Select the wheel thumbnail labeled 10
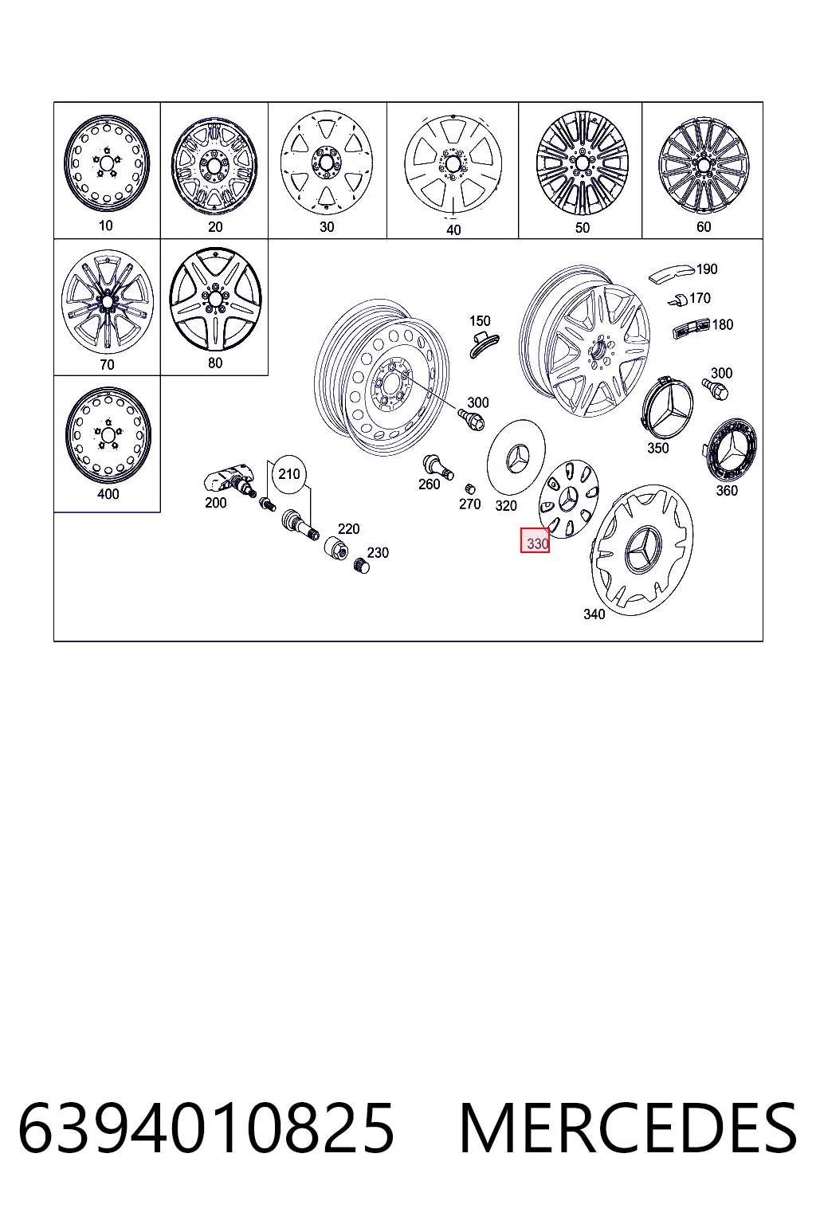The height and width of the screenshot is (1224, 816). (107, 163)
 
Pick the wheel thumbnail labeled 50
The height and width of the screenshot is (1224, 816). (582, 163)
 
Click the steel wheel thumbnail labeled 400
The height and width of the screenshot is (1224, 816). (108, 435)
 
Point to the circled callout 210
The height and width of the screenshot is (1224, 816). (289, 474)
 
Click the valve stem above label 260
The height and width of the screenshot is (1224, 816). (437, 467)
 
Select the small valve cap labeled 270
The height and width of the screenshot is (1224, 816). (469, 488)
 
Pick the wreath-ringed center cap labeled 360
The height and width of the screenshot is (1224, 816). (730, 451)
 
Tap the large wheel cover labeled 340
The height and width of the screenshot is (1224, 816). (642, 549)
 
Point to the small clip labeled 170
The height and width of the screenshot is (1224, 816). (678, 300)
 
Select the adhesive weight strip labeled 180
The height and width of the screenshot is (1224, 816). (690, 328)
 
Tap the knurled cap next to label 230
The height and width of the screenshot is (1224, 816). (362, 566)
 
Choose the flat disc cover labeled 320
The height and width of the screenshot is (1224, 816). (516, 457)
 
